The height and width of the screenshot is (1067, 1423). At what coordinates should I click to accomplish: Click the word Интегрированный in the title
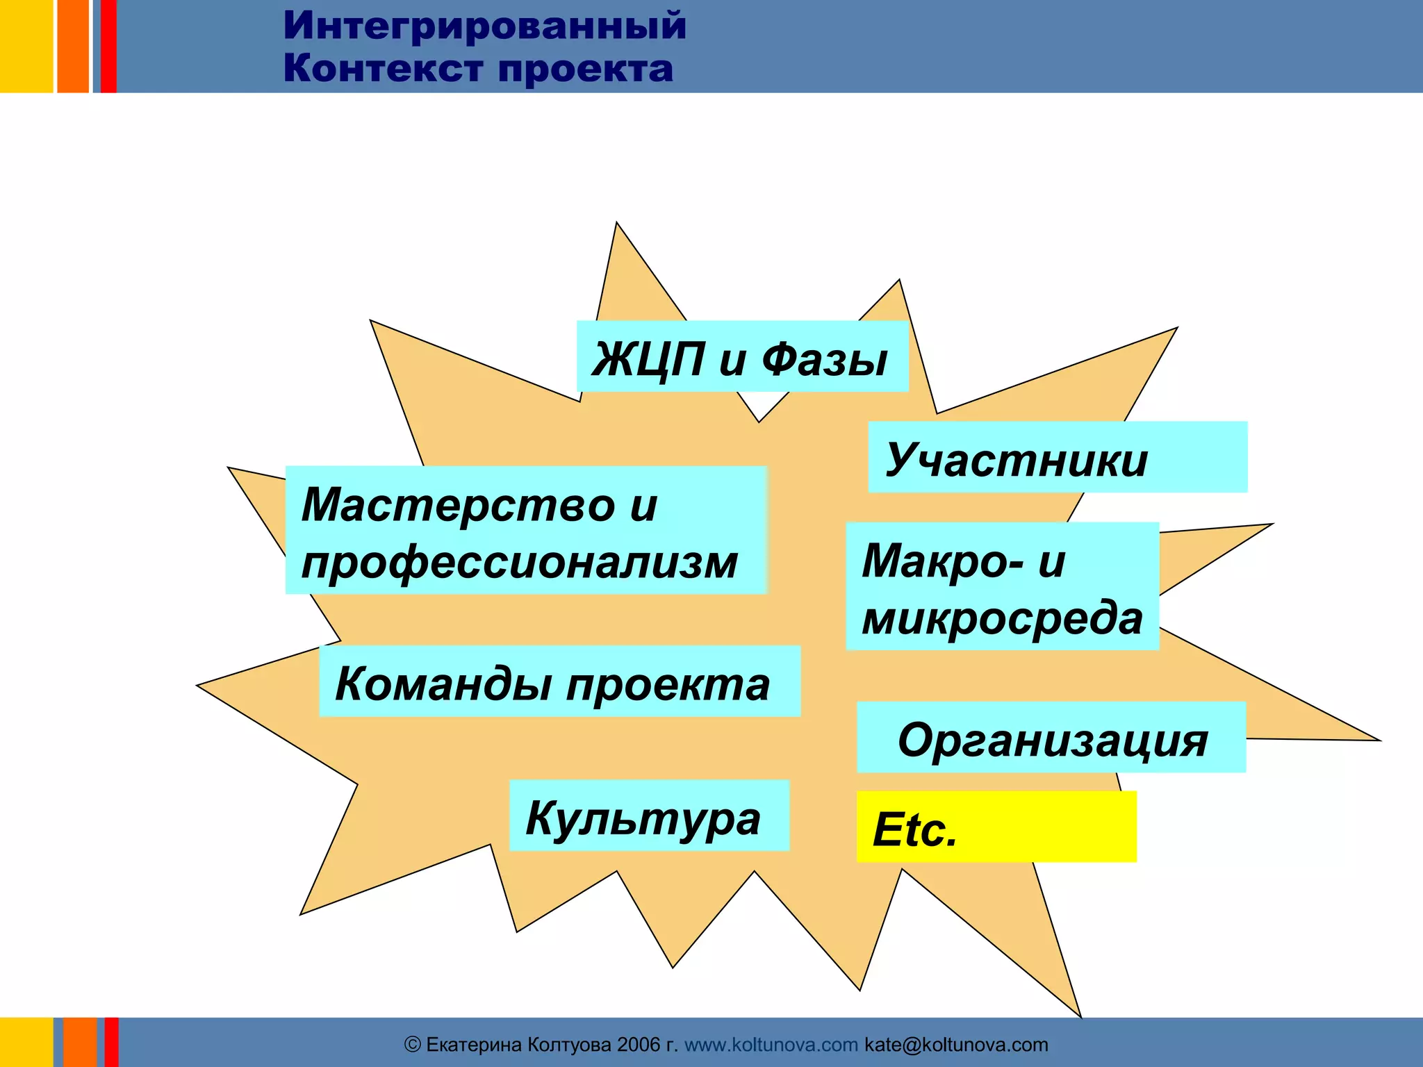coord(484,26)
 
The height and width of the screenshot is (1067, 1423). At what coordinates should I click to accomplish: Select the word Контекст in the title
coord(384,69)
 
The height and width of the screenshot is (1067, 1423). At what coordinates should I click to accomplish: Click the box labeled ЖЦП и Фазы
coord(742,356)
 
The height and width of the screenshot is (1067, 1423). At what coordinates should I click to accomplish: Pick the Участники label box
coord(1057,457)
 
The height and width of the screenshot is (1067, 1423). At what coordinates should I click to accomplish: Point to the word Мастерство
coord(459,504)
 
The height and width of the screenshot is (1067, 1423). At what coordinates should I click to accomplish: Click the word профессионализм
coord(519,562)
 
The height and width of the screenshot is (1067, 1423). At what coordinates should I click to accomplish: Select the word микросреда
coord(1002,618)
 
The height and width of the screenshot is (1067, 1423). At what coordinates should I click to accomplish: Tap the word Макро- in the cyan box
coord(942,561)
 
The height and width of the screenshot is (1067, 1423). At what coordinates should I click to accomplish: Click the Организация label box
coord(1051,738)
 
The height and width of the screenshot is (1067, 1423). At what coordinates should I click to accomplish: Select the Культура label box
coord(649,816)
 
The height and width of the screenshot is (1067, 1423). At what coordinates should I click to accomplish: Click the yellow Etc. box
coord(996,827)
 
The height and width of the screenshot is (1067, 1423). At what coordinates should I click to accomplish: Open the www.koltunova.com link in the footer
coord(771,1045)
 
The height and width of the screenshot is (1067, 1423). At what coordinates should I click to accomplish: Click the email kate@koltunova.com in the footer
coord(956,1045)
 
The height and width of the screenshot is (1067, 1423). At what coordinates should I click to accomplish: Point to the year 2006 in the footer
coord(638,1045)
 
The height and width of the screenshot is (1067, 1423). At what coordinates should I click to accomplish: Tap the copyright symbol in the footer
coord(413,1045)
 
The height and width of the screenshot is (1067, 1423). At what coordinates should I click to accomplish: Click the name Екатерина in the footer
coord(473,1045)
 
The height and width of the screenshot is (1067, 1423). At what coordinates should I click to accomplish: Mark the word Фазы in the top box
coord(824,360)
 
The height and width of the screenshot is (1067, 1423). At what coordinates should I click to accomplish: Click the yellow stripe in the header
coord(26,46)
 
